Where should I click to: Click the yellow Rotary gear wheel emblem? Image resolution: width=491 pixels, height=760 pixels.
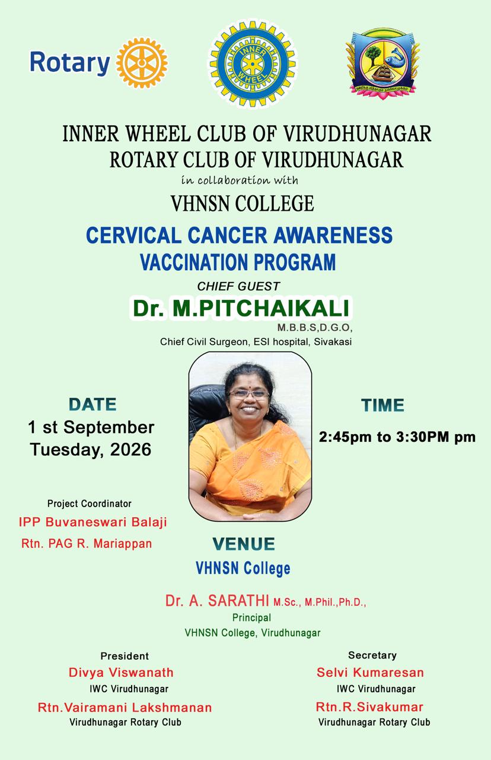[142, 63]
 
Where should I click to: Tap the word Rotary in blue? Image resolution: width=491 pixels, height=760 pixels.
[70, 63]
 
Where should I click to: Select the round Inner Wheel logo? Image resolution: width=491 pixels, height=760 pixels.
[253, 64]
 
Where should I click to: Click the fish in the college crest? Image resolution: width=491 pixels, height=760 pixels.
[396, 56]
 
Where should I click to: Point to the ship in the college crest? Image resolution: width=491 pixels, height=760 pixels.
[383, 74]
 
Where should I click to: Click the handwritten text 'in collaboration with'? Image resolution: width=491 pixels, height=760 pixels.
[240, 180]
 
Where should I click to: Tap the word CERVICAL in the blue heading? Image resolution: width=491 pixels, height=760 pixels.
[133, 235]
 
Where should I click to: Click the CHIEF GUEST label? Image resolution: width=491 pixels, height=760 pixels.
[238, 286]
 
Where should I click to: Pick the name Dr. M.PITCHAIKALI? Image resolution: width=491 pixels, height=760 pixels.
[241, 308]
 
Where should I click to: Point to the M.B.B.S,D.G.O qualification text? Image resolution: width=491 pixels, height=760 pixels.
[315, 327]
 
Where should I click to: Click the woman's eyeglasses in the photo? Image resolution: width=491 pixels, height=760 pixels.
[249, 394]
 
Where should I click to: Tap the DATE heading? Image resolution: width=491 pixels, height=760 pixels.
[93, 404]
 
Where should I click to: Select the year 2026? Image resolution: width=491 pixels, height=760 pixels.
[130, 449]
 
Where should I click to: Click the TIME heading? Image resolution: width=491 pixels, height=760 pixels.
[382, 405]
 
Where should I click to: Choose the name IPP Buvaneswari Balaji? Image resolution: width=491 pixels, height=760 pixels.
[93, 522]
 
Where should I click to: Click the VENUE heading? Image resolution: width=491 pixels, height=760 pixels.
[244, 544]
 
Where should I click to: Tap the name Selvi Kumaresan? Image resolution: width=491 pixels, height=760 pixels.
[370, 673]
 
